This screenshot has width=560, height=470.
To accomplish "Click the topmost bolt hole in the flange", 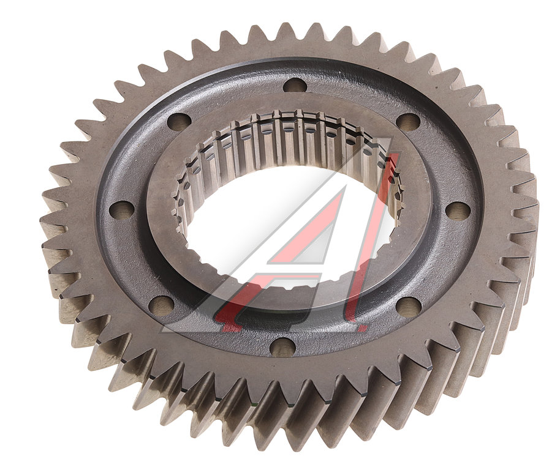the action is click(x=295, y=85).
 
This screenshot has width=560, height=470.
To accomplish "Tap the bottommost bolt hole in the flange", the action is click(x=282, y=346).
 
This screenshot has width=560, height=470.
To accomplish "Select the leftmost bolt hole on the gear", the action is click(x=121, y=209).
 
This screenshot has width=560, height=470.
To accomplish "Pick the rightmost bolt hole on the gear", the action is click(x=458, y=211).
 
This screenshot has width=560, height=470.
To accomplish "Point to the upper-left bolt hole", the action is click(x=179, y=122).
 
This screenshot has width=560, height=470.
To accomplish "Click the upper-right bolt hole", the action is click(x=408, y=122).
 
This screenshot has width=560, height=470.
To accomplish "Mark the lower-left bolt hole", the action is click(x=161, y=305).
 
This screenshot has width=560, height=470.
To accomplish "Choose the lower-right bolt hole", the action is click(x=409, y=307).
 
